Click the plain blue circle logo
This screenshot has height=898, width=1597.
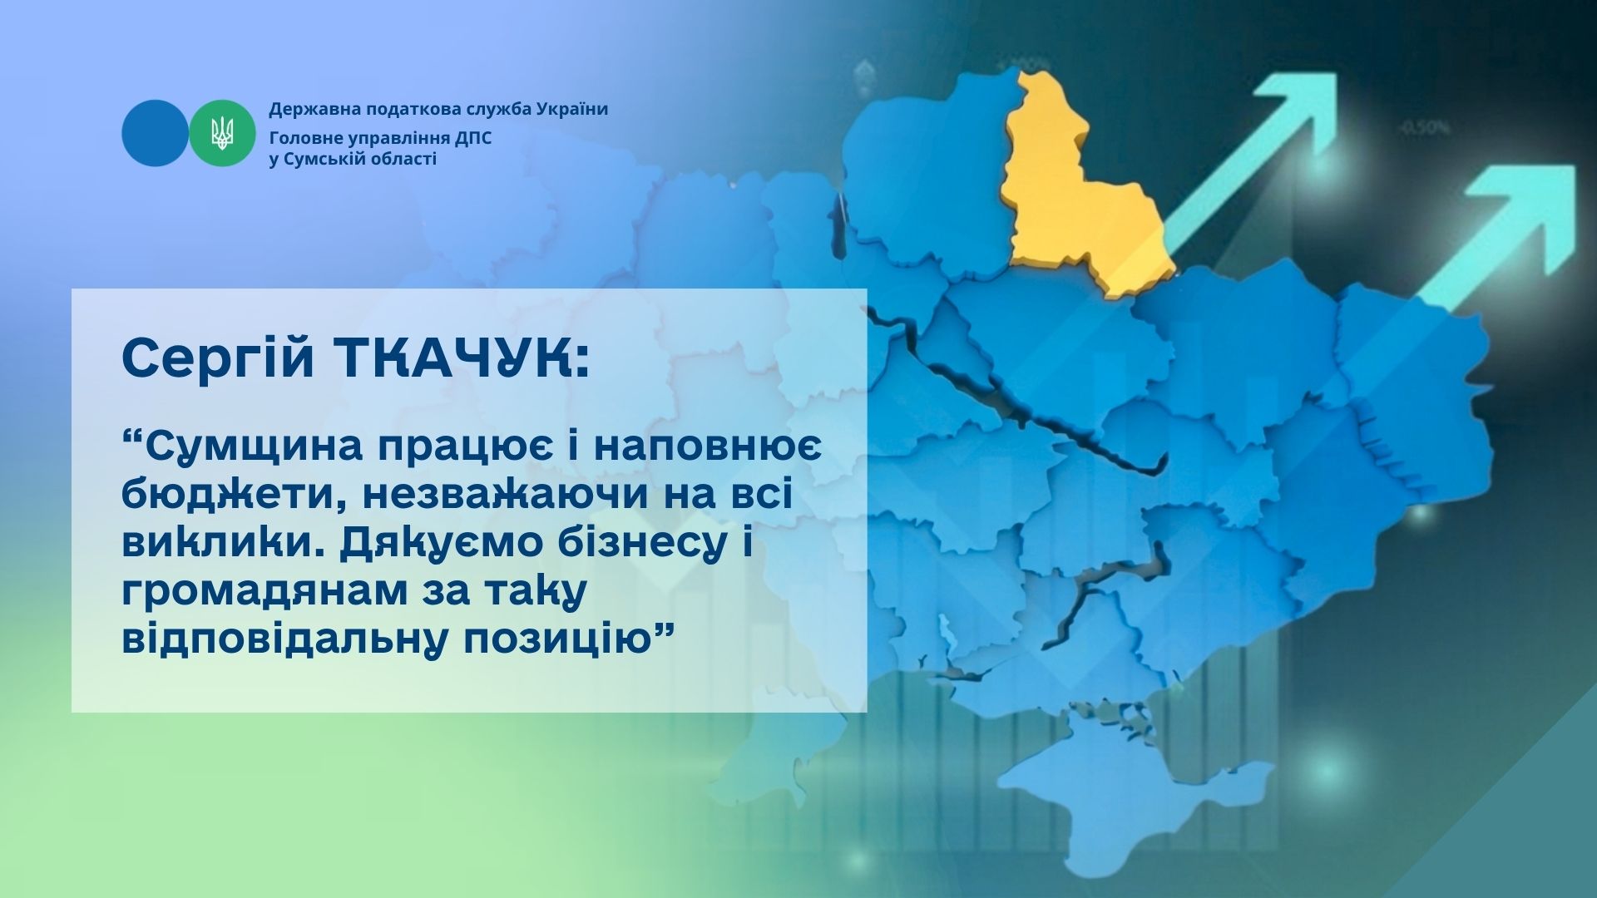(x=156, y=133)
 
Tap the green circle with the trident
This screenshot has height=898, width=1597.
(x=222, y=133)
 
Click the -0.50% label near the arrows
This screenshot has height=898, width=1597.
(x=1425, y=128)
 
